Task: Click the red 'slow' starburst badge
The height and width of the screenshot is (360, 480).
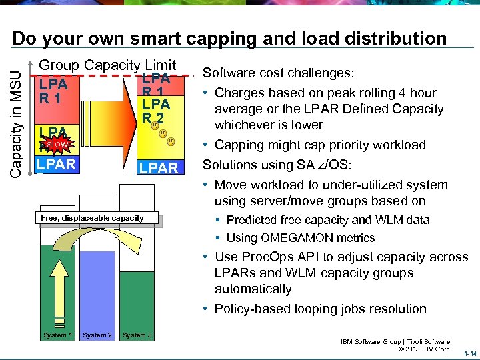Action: click(x=55, y=143)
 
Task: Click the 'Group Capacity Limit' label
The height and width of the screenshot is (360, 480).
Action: click(x=107, y=65)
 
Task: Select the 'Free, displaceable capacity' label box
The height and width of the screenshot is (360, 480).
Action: click(x=92, y=218)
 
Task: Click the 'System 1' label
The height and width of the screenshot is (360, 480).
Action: click(x=57, y=335)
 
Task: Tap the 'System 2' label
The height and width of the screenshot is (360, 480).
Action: click(x=97, y=335)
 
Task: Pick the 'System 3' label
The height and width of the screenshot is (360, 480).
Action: click(x=137, y=335)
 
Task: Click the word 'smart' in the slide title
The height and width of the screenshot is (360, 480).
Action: click(x=165, y=39)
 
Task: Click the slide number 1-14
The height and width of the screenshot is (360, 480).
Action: click(x=469, y=353)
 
